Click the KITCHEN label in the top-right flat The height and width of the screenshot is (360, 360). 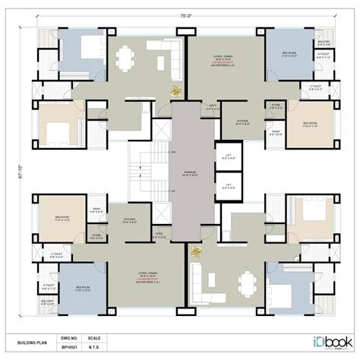tap(244, 121)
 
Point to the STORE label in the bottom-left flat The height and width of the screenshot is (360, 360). tap(98, 235)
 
